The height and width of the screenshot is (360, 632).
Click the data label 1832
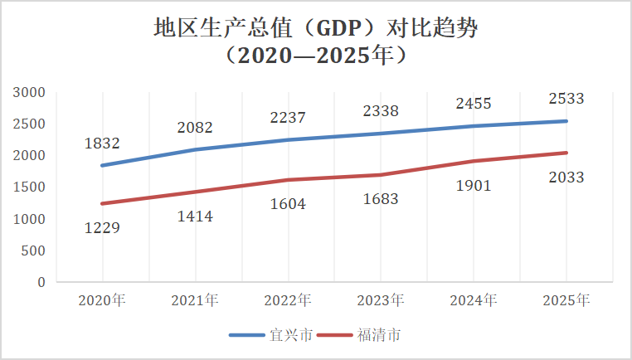click(102, 144)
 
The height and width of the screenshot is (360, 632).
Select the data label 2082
click(195, 128)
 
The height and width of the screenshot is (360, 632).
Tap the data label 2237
click(288, 118)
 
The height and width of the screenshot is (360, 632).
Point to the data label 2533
click(566, 99)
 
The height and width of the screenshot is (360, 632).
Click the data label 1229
click(102, 229)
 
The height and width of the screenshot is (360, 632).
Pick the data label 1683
click(381, 199)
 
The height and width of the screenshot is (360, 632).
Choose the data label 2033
click(566, 178)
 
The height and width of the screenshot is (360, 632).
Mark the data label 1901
click(474, 186)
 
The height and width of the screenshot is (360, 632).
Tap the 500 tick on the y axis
click(35, 251)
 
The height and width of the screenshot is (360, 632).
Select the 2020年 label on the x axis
click(102, 301)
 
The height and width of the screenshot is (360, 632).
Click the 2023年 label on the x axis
click(381, 301)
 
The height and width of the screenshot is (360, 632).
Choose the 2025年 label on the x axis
click(566, 301)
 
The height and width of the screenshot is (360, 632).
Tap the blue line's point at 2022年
click(288, 139)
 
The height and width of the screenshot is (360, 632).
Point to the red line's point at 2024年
click(474, 161)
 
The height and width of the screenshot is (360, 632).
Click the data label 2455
click(474, 104)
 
